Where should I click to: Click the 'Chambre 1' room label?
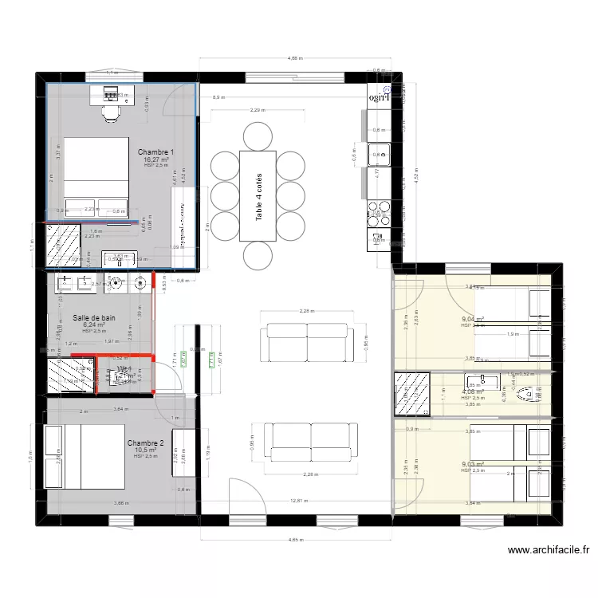[x=155, y=151]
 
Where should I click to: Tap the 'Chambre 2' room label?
[x=145, y=443]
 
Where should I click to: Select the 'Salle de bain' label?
[x=94, y=317]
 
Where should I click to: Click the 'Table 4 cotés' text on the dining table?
[x=258, y=196]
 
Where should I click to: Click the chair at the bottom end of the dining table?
[x=258, y=256]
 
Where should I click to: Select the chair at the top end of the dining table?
[x=258, y=137]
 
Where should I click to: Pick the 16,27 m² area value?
[x=155, y=159]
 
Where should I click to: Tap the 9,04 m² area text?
[x=472, y=318]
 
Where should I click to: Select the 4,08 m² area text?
[x=472, y=391]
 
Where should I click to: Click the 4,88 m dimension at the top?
[x=295, y=58]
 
